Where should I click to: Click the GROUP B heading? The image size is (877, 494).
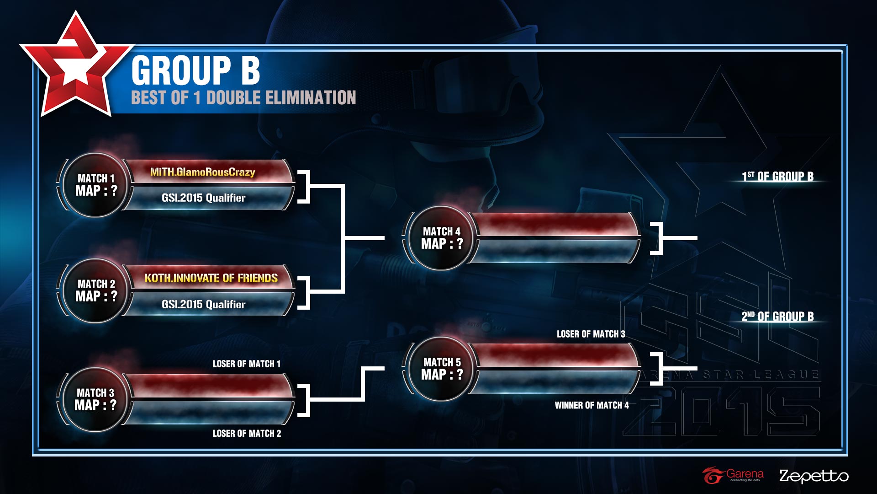coord(195,70)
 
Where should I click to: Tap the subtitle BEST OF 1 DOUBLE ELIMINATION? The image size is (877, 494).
coord(243,97)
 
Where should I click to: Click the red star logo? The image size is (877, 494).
coord(76,64)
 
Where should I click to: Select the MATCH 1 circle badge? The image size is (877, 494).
coord(96,185)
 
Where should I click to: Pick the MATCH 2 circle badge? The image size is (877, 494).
coord(96,290)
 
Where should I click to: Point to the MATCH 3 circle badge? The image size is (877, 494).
coord(95,399)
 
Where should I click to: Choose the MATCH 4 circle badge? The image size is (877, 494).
coord(442,238)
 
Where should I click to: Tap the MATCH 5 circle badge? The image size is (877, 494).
coord(442,369)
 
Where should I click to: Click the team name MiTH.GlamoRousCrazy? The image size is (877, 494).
coord(203,172)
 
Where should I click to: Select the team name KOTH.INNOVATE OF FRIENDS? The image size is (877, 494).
coord(211,278)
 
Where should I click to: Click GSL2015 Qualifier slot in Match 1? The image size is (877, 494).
coord(204,198)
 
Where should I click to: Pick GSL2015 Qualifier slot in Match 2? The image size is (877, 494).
coord(204,304)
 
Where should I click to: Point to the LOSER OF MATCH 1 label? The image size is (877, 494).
coord(247,364)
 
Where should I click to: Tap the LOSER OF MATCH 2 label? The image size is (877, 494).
coord(247,433)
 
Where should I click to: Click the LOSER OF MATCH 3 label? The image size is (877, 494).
coord(591,334)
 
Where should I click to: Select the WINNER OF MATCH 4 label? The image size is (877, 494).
coord(592,405)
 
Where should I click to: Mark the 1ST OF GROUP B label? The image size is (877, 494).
coord(777,176)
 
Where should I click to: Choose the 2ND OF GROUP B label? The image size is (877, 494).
coord(777,316)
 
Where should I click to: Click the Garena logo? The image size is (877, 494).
coord(733,475)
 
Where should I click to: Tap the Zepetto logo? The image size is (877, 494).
coord(814,476)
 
